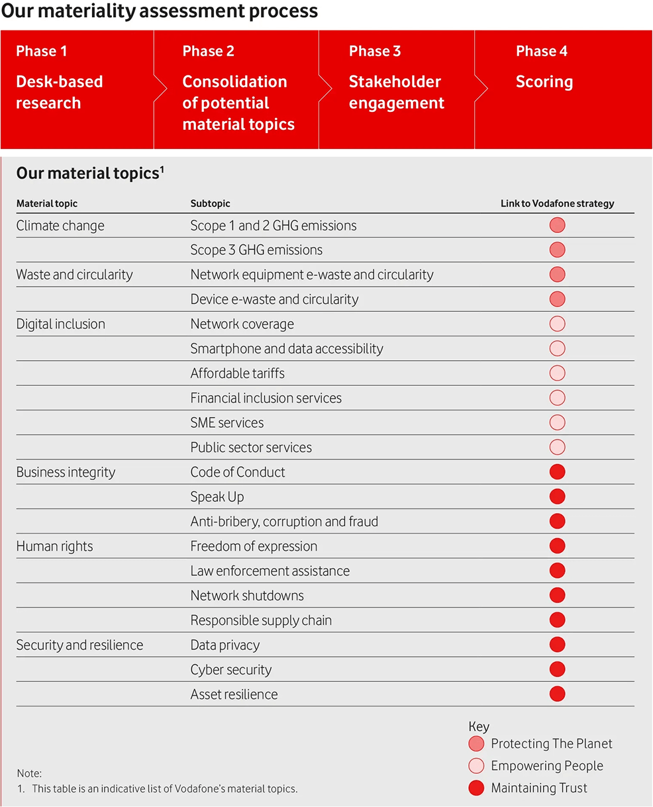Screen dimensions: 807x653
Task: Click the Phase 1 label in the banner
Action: coord(41,52)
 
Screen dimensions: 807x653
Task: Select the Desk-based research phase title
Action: coord(60,92)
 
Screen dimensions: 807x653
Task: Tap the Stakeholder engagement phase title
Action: coord(396,92)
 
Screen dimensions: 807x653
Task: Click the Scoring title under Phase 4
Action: coord(544,82)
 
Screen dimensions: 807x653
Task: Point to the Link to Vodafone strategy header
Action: coord(557,203)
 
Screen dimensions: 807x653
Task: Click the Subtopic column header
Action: coord(210,203)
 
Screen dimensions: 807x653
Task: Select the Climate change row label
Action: coord(60,226)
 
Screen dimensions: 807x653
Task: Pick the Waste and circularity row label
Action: coord(74,275)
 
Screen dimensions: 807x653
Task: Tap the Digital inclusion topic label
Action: coord(60,324)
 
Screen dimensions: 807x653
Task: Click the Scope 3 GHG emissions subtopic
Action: coord(256,250)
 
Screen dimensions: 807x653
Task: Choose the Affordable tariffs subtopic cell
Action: coord(237,373)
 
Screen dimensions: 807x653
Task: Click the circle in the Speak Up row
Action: coord(557,497)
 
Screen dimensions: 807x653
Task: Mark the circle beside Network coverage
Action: coord(557,324)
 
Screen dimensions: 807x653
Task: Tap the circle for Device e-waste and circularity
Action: coord(557,299)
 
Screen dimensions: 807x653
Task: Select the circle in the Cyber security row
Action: coord(557,669)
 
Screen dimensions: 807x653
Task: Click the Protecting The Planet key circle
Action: coord(476,743)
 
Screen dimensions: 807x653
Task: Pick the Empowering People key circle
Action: coord(476,766)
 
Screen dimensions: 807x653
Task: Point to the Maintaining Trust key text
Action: coord(539,788)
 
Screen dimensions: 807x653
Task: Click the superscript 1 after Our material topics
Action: coord(162,169)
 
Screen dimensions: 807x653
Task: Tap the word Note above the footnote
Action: coord(29,773)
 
